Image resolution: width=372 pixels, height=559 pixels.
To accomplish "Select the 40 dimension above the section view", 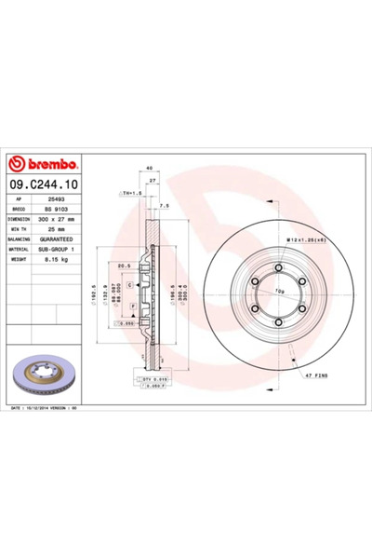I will [x=149, y=168].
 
